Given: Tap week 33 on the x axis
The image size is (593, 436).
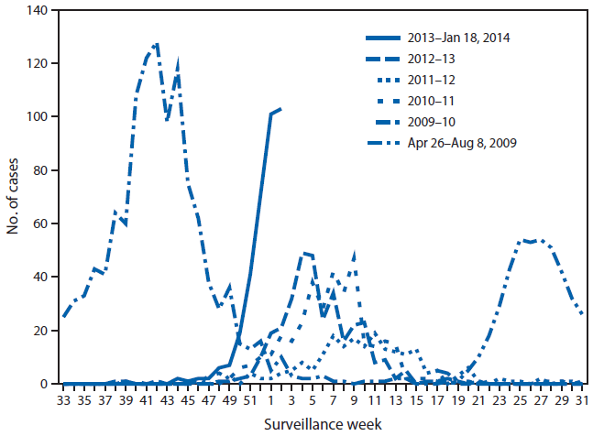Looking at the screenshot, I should click(63, 399).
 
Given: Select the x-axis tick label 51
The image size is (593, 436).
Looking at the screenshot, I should click(249, 399).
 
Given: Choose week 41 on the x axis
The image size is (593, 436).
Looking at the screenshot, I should click(147, 399).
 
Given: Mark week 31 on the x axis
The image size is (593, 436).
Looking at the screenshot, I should click(580, 399).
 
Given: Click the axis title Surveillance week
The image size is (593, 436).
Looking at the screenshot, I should click(322, 424).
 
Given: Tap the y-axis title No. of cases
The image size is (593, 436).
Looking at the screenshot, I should click(15, 197).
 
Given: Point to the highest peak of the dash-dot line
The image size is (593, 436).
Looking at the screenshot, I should click(158, 43).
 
